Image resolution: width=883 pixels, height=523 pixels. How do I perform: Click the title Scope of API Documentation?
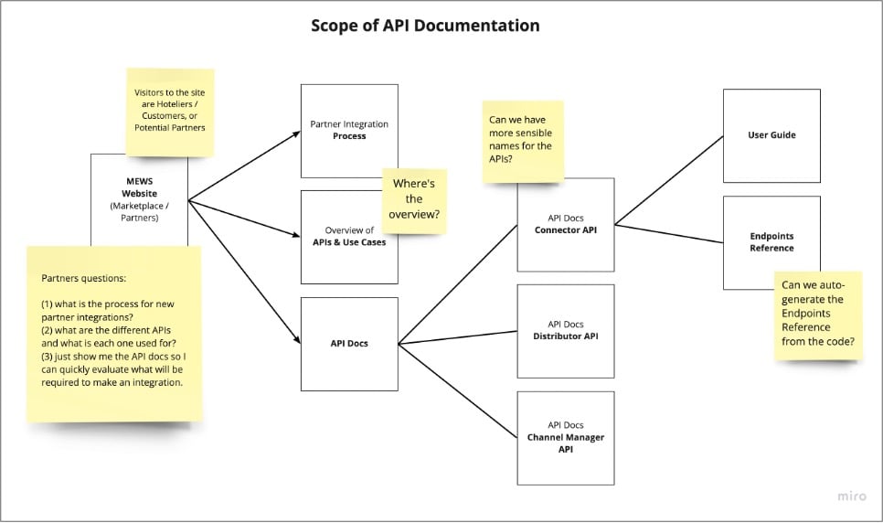point(425,26)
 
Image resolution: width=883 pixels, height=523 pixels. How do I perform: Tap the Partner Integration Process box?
point(349,130)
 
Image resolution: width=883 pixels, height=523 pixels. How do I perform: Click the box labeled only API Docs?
point(349,344)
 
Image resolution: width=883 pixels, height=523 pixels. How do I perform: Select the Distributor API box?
point(565,330)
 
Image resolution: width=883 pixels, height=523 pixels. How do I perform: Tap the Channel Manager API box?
point(565,438)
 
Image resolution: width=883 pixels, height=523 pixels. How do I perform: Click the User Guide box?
point(771,135)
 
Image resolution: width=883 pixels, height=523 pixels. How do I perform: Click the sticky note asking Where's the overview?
point(414,200)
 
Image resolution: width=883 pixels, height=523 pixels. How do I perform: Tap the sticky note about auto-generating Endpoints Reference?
point(818,315)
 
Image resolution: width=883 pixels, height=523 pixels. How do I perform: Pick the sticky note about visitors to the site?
point(170,109)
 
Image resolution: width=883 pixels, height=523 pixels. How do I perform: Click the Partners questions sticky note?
point(114,333)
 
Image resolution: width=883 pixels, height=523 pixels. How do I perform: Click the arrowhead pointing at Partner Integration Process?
point(296,133)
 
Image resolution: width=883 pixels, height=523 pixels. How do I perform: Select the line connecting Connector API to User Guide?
point(667,179)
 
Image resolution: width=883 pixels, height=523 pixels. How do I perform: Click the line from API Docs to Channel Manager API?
point(457,390)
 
